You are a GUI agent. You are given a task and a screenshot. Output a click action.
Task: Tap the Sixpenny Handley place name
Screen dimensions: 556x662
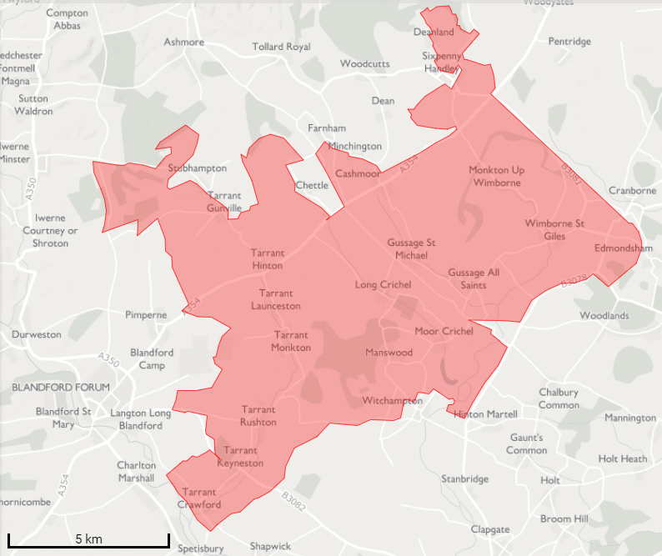[x=440, y=62]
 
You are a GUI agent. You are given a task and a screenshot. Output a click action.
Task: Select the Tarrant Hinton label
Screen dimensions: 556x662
[x=267, y=259]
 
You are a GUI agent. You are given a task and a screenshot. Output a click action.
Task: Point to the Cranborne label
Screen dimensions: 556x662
[x=632, y=190]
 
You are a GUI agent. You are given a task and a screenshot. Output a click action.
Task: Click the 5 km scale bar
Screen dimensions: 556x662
[x=88, y=539]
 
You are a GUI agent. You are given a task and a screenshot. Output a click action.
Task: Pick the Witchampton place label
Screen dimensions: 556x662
[x=392, y=401]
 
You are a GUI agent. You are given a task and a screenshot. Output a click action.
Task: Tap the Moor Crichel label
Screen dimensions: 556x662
[x=444, y=331]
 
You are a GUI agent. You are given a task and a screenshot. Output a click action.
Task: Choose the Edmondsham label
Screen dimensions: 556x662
[x=623, y=248]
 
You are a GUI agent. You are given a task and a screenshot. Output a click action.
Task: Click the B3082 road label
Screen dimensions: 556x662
[x=294, y=498]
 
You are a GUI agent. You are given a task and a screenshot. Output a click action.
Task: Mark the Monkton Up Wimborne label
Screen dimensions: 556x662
[x=496, y=176]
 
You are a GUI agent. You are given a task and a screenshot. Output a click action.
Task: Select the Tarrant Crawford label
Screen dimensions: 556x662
[x=200, y=498]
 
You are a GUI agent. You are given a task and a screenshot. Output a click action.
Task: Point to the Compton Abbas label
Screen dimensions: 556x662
[x=68, y=19]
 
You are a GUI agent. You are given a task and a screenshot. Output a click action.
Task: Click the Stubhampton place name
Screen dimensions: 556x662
[x=198, y=168]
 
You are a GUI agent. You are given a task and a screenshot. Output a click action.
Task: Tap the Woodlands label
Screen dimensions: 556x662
[x=604, y=316]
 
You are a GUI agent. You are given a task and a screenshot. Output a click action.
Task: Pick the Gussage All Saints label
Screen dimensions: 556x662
[x=474, y=278]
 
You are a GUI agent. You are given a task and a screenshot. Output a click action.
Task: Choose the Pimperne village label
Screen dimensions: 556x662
[x=146, y=314]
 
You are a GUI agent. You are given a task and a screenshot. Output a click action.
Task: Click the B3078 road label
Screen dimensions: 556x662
[x=574, y=282]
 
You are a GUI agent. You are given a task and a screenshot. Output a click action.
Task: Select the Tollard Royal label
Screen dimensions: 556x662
[x=281, y=47]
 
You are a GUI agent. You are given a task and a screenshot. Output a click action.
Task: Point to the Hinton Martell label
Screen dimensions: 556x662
[x=485, y=414]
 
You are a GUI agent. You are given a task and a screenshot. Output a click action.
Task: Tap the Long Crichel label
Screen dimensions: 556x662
[x=383, y=285]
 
